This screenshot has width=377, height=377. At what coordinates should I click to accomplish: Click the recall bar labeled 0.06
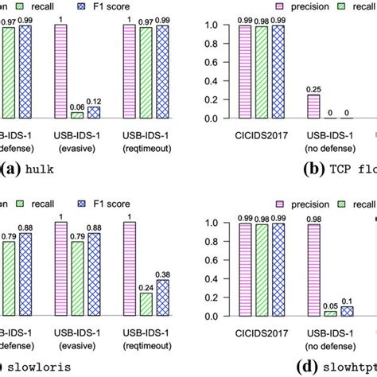click(78, 115)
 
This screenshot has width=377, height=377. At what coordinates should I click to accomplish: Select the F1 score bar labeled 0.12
click(93, 111)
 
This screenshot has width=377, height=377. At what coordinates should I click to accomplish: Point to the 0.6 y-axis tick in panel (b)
click(209, 62)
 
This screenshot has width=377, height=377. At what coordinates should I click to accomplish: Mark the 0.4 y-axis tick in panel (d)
click(209, 278)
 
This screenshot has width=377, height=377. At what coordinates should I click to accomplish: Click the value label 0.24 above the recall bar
click(146, 286)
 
